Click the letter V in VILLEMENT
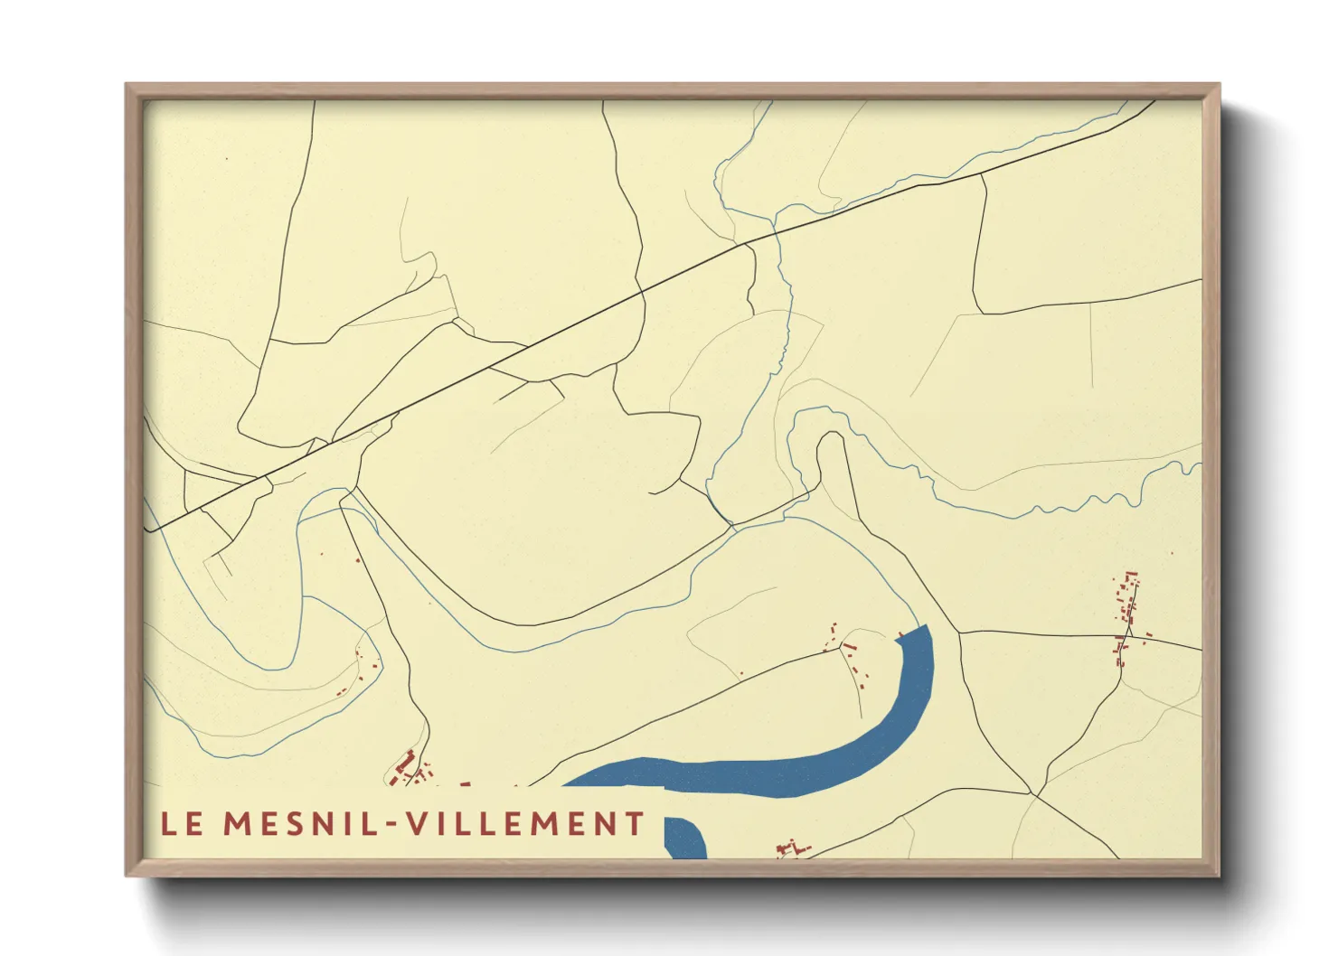[x=415, y=824]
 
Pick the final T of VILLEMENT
[x=636, y=824]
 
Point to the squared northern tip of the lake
[x=915, y=633]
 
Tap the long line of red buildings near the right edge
[x=1126, y=614]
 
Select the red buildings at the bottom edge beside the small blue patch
[x=792, y=848]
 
